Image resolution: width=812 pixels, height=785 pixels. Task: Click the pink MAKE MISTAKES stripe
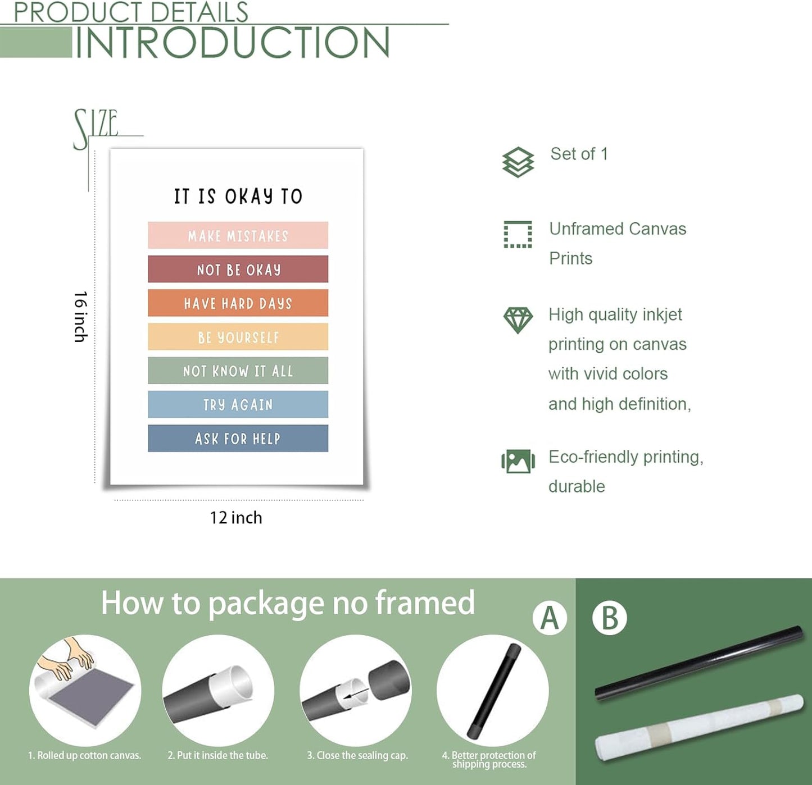(238, 235)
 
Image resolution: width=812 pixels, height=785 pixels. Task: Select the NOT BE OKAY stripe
(238, 269)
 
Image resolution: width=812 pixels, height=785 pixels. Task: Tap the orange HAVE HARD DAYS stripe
(238, 303)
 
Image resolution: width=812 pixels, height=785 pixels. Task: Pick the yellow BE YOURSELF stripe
(238, 336)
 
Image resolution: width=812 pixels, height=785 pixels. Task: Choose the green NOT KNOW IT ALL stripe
(238, 370)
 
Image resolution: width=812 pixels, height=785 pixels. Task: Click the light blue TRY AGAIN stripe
(238, 404)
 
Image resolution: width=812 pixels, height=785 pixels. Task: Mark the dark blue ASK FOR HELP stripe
(238, 438)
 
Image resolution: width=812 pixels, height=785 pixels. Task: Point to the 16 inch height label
(80, 317)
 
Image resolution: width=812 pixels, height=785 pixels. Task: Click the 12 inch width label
(236, 518)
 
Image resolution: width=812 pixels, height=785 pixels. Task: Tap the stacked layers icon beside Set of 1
(518, 163)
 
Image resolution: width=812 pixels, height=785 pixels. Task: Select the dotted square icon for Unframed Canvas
(518, 234)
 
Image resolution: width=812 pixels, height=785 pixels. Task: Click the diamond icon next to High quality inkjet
(518, 320)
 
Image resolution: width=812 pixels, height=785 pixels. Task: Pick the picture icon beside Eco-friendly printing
(518, 461)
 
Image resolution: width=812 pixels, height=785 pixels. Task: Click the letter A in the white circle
(550, 618)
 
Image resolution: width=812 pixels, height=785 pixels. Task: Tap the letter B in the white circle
(610, 618)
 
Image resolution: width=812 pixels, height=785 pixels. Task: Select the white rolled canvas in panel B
(699, 728)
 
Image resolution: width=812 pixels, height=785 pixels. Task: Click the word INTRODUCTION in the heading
(232, 43)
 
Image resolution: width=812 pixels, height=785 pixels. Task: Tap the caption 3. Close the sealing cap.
(357, 755)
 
